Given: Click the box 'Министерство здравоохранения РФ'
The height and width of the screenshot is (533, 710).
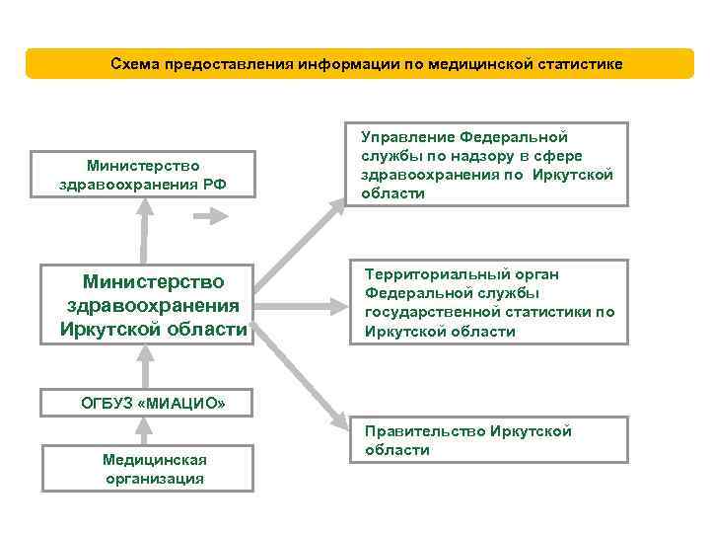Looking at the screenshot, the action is click(142, 175).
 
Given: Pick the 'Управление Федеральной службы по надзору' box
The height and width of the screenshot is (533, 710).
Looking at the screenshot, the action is click(487, 165).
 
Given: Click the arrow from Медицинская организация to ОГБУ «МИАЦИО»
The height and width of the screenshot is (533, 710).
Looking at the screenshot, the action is click(146, 429).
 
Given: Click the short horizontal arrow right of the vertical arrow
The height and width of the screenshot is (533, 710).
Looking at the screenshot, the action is click(211, 220).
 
